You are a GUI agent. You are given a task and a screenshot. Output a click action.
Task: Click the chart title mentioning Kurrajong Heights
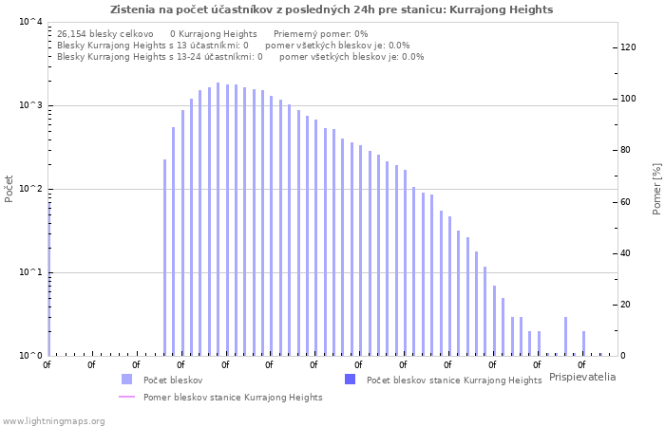(x=332, y=9)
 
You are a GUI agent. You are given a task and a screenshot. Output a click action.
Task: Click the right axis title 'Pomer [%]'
(x=656, y=189)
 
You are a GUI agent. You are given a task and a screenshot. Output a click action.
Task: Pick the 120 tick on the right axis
(x=627, y=47)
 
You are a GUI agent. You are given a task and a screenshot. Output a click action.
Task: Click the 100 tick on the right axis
(x=627, y=99)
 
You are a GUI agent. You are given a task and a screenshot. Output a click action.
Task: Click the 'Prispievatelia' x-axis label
(x=582, y=377)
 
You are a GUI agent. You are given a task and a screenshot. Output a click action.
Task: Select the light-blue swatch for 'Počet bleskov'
(x=126, y=380)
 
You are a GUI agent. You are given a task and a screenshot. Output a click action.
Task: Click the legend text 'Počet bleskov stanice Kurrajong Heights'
(x=454, y=380)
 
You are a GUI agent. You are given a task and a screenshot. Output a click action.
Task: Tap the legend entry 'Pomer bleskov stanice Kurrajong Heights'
(x=233, y=398)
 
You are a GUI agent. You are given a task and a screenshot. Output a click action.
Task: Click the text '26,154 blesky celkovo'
(x=104, y=33)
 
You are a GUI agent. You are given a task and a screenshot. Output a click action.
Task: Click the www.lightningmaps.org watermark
(x=54, y=420)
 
